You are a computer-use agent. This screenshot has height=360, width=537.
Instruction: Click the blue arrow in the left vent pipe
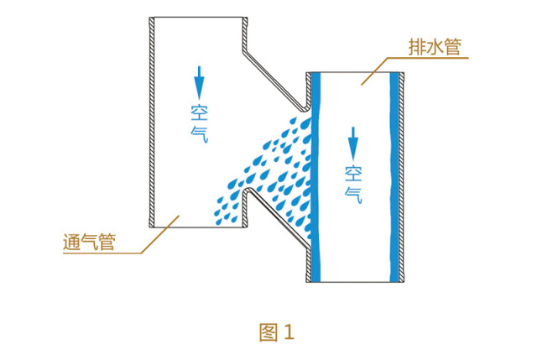click(x=199, y=82)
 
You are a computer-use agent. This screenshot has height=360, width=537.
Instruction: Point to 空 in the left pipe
click(x=199, y=112)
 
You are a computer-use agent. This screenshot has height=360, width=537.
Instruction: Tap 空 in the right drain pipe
click(x=353, y=173)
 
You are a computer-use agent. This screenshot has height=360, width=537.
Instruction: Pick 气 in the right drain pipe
click(x=353, y=192)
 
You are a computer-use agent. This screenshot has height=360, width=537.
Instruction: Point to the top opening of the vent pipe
click(x=199, y=19)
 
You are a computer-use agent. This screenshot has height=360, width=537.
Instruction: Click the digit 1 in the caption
click(x=289, y=331)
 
